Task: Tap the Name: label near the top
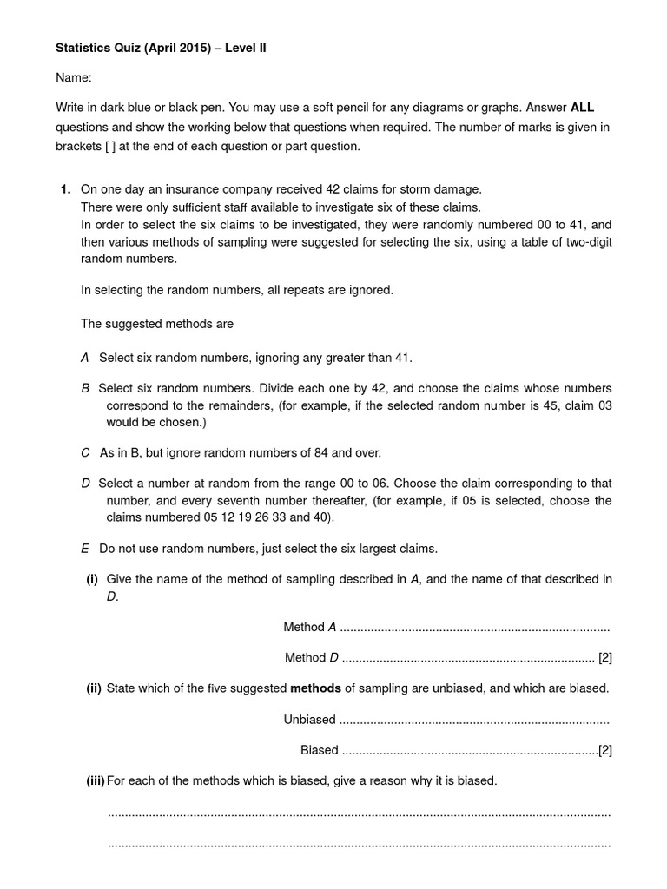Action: point(74,78)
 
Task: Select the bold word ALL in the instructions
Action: point(582,108)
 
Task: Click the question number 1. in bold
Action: point(65,189)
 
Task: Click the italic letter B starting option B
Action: point(85,388)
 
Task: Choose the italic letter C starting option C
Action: point(85,452)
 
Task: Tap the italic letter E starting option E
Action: point(85,549)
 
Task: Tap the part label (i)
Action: point(91,579)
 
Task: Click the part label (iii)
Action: point(95,780)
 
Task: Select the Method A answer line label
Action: point(309,627)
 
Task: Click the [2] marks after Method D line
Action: point(605,657)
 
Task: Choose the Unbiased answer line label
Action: point(309,719)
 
